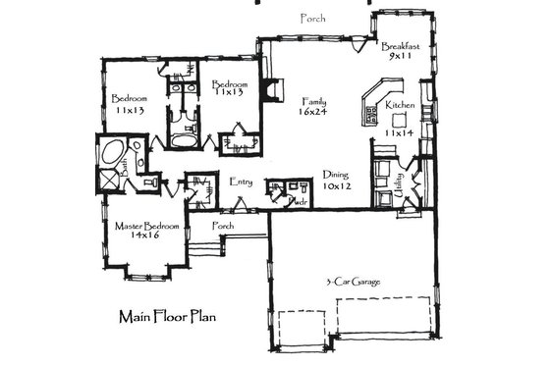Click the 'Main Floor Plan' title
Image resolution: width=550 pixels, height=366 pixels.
167,317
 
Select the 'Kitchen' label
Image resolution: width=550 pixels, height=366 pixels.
399,105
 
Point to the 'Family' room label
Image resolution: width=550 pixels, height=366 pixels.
314,101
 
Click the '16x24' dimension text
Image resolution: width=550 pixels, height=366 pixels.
314,113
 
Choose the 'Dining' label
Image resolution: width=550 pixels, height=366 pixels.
336,175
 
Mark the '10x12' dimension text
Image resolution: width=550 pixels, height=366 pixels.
336,186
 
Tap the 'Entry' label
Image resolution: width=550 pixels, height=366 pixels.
241,182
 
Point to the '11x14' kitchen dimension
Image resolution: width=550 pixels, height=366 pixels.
399,132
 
